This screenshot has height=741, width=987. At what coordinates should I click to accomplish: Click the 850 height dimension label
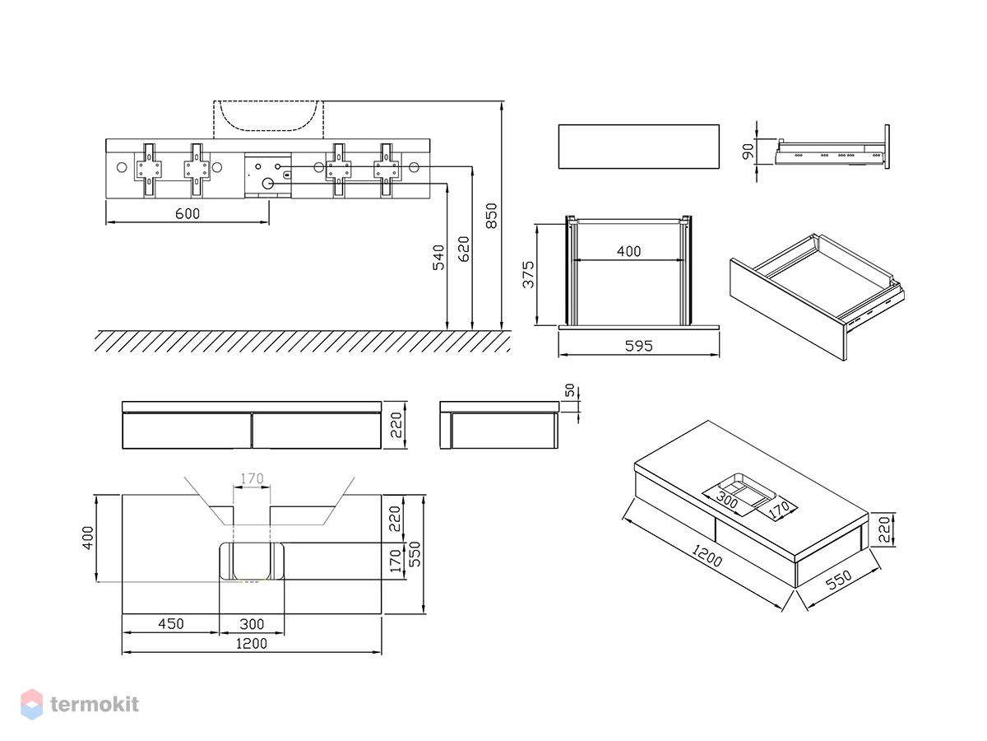click(x=492, y=216)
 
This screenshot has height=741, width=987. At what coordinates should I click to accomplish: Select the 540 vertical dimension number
click(x=438, y=258)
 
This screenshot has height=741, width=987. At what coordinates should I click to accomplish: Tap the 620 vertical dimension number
click(x=464, y=249)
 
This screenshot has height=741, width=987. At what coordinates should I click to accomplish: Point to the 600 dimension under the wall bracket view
click(x=188, y=213)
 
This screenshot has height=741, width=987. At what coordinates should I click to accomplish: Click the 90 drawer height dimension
click(x=748, y=151)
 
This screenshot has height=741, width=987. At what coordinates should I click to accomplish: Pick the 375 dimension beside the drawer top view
click(x=528, y=274)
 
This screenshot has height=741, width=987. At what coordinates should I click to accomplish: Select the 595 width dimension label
click(x=638, y=346)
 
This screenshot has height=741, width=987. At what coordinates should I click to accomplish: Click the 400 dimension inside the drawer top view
click(x=628, y=251)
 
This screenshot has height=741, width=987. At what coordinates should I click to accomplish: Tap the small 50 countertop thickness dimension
click(x=570, y=390)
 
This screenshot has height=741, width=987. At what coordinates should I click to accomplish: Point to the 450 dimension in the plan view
click(x=171, y=623)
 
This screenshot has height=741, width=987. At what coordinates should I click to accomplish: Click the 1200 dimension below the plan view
click(x=252, y=643)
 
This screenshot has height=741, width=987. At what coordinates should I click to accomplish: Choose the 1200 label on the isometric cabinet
click(x=706, y=556)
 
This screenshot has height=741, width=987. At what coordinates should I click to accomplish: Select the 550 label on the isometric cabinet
click(x=839, y=580)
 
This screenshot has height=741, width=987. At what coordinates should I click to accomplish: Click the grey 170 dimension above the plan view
click(x=252, y=478)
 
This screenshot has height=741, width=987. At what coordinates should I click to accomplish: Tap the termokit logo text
click(x=95, y=704)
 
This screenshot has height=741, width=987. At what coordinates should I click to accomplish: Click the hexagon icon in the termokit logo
click(x=32, y=704)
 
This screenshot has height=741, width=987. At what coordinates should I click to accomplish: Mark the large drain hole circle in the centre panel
click(x=268, y=184)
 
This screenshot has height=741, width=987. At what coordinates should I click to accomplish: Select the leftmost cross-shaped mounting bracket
click(x=149, y=170)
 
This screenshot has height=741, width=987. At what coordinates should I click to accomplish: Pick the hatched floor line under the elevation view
click(x=303, y=341)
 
